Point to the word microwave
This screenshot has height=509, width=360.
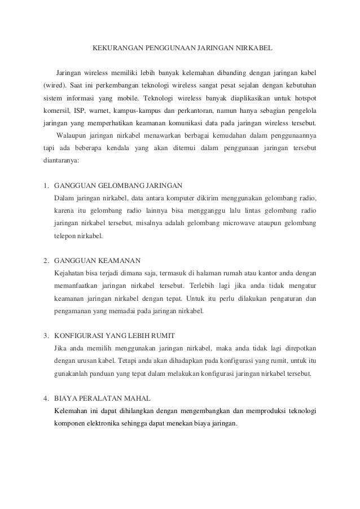(x=232, y=223)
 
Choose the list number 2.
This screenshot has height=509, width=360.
(x=45, y=261)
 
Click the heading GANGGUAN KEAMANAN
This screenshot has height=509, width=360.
(x=96, y=261)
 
